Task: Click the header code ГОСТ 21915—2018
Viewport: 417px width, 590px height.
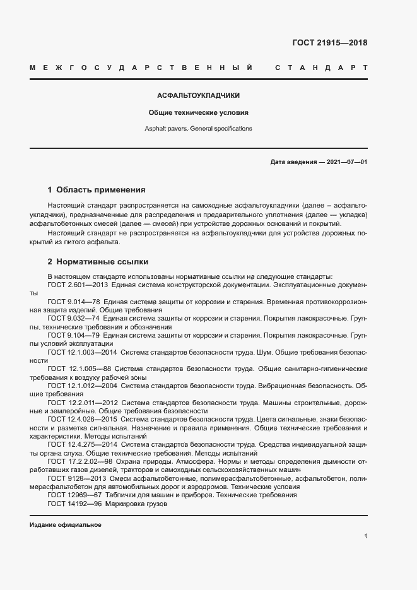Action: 329,43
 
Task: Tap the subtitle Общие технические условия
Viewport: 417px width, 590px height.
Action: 199,113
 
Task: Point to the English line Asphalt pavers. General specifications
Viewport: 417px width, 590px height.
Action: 199,128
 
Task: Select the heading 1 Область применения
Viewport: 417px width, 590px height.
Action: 97,189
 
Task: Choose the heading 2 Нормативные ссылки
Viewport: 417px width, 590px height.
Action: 98,261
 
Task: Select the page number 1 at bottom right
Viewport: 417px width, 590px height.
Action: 365,536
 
